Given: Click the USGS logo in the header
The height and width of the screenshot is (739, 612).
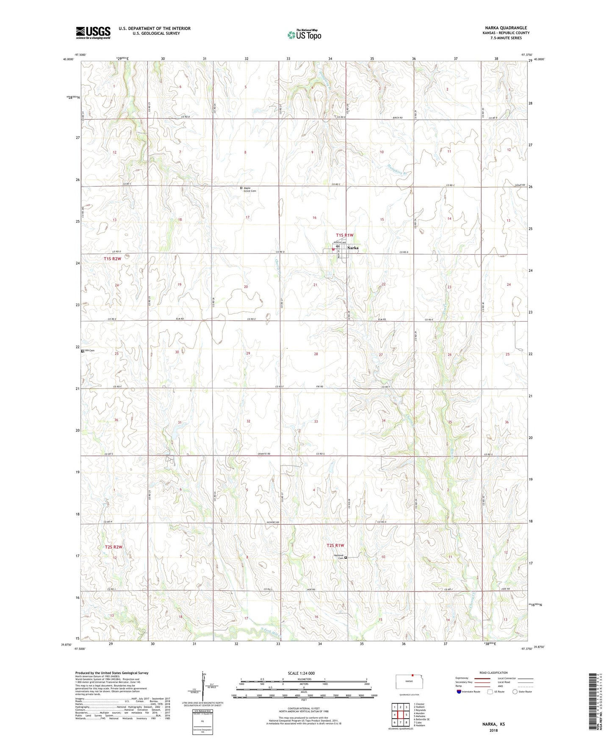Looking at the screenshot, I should pos(93,33).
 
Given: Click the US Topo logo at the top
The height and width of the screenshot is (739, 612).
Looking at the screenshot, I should pos(305,35).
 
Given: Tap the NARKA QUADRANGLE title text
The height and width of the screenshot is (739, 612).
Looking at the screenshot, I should pos(506,28).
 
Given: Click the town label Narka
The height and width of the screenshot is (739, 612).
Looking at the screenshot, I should pos(353,248).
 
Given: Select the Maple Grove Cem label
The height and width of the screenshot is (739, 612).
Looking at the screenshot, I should pos(250,189).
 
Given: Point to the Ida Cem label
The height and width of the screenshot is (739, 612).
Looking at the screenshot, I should pos(89,350).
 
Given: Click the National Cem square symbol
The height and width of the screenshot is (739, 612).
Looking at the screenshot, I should pos(346,558).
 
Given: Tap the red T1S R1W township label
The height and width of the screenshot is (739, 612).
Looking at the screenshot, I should pos(344,235).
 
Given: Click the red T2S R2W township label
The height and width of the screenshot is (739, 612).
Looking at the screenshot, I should pos(114,547).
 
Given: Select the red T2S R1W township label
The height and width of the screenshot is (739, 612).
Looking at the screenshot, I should pos(335,546).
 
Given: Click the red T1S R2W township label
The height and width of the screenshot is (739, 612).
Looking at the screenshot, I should pos(113,258).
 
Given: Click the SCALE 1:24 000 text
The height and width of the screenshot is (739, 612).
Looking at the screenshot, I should pos(301,673).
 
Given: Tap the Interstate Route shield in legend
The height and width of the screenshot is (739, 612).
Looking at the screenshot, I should pos(459,692).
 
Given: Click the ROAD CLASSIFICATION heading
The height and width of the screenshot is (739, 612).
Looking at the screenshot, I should pos(494,673).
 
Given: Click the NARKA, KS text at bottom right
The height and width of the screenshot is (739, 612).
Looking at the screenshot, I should pos(493,724).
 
